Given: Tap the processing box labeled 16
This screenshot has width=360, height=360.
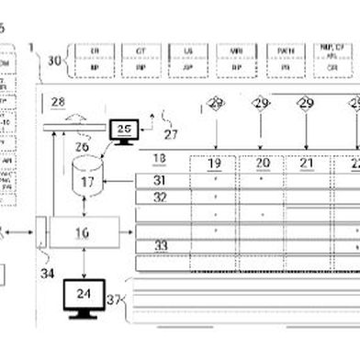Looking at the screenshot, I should pyautogui.click(x=84, y=232).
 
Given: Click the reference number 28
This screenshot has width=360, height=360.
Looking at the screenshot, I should pyautogui.click(x=58, y=102).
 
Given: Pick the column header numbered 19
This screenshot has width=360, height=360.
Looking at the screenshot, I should pyautogui.click(x=215, y=163).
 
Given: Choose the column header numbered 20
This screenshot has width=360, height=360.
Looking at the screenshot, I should pyautogui.click(x=263, y=163).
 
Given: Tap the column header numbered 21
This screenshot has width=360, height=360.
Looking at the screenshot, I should pyautogui.click(x=308, y=163).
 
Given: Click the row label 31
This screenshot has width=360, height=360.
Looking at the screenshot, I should pyautogui.click(x=160, y=180).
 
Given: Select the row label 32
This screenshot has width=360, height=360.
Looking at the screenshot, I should pyautogui.click(x=160, y=196).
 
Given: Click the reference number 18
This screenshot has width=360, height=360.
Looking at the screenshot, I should pyautogui.click(x=159, y=158).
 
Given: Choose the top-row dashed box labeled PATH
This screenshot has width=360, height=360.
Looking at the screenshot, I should pyautogui.click(x=285, y=59).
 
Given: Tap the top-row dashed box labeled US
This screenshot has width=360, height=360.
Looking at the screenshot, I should pyautogui.click(x=188, y=59).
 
